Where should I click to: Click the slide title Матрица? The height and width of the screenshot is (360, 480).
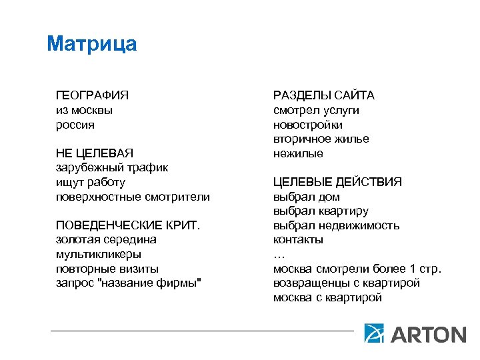[92, 44]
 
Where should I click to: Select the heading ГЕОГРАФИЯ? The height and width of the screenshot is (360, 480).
[92, 95]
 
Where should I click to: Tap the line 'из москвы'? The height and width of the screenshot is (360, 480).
[84, 110]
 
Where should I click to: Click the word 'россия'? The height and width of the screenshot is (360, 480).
[75, 125]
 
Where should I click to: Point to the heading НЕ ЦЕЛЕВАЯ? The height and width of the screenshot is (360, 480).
[94, 153]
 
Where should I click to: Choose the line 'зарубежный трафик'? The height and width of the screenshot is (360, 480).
[111, 167]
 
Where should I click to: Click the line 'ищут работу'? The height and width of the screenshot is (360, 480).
[90, 182]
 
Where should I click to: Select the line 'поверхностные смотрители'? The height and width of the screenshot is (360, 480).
[132, 197]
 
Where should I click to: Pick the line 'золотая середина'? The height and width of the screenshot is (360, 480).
[106, 239]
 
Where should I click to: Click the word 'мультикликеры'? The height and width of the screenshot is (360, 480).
[98, 254]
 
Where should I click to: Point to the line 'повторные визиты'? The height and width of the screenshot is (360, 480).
[107, 269]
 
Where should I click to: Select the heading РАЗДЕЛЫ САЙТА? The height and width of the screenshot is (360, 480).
[323, 95]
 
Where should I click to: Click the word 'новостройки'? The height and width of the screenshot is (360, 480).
[308, 125]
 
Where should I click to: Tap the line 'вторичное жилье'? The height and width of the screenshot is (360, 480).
[321, 139]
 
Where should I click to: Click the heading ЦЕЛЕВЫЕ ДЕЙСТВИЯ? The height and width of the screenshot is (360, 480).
[337, 182]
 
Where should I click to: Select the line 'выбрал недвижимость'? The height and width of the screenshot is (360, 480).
[336, 225]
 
